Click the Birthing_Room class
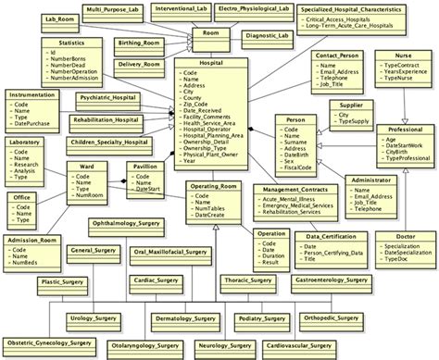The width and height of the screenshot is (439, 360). point(141,43)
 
